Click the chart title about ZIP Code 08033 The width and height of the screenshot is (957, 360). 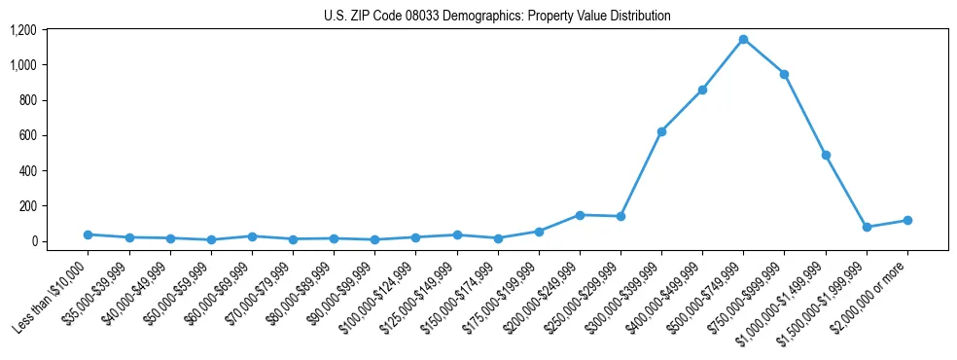pos(497,17)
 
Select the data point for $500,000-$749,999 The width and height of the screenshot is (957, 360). pos(743,40)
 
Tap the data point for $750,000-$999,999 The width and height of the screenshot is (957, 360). pos(784,74)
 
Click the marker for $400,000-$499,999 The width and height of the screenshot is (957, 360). pos(702,90)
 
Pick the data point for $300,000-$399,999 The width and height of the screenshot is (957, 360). pos(661,131)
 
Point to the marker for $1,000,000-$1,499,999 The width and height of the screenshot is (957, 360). pos(826,155)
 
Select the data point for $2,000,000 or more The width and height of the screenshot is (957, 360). pos(907,220)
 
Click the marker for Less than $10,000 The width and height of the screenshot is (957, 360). pos(88,234)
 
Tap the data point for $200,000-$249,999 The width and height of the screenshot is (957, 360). pos(580,215)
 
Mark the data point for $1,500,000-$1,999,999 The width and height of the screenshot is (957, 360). pos(867,227)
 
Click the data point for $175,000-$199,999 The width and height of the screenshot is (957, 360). pos(538,232)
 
